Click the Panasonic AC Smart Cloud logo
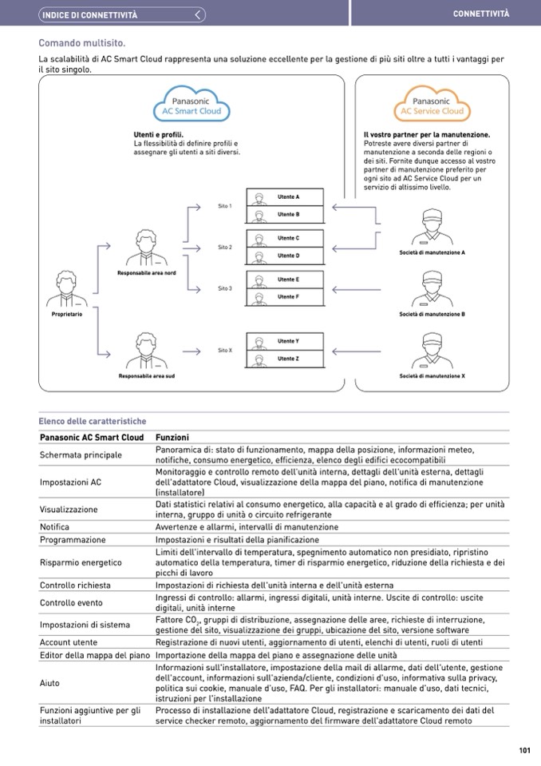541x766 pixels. pos(191,105)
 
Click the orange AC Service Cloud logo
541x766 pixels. pos(432,105)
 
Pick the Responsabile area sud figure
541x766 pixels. pos(146,351)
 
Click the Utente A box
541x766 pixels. pos(286,196)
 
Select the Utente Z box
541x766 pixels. pos(286,359)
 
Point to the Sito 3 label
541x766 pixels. pos(224,288)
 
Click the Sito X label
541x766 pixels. pos(224,350)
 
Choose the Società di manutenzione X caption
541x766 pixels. pos(432,375)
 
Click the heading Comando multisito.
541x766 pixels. pos(82,43)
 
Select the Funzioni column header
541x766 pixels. pos(172,438)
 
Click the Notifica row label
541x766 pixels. pos(54,527)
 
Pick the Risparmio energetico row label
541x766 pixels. pos(81,562)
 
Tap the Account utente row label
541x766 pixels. pos(69,642)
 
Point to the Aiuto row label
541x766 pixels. pos(49,683)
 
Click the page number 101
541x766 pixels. pos(524,750)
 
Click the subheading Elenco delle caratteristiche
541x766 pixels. pos(92,421)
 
